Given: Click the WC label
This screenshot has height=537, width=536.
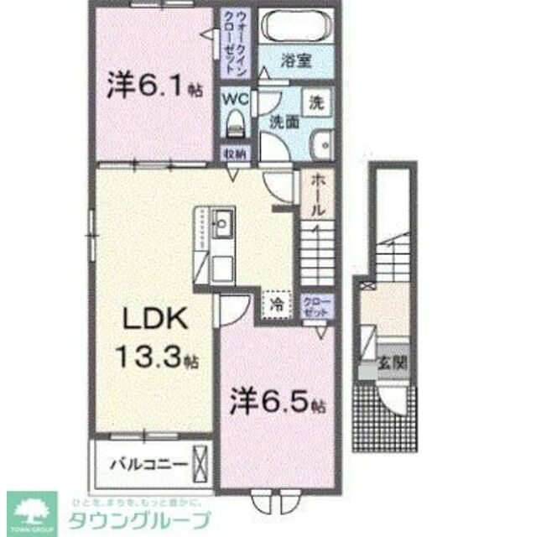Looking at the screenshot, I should click(233, 96).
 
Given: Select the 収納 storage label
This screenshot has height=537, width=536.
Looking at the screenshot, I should click(234, 154).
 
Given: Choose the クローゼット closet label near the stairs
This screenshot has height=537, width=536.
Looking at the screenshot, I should click(315, 305).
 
